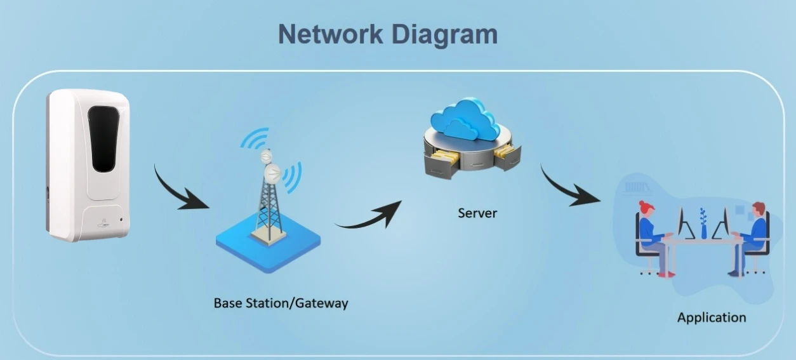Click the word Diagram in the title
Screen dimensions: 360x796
pos(444,34)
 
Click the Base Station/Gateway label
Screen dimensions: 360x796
pos(281,303)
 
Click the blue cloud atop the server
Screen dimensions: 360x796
pos(461,121)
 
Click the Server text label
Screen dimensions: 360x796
pos(477,213)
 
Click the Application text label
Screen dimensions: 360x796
pos(712,317)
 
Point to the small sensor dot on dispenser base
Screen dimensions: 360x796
pos(122,222)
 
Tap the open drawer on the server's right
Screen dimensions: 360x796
pos(508,156)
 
